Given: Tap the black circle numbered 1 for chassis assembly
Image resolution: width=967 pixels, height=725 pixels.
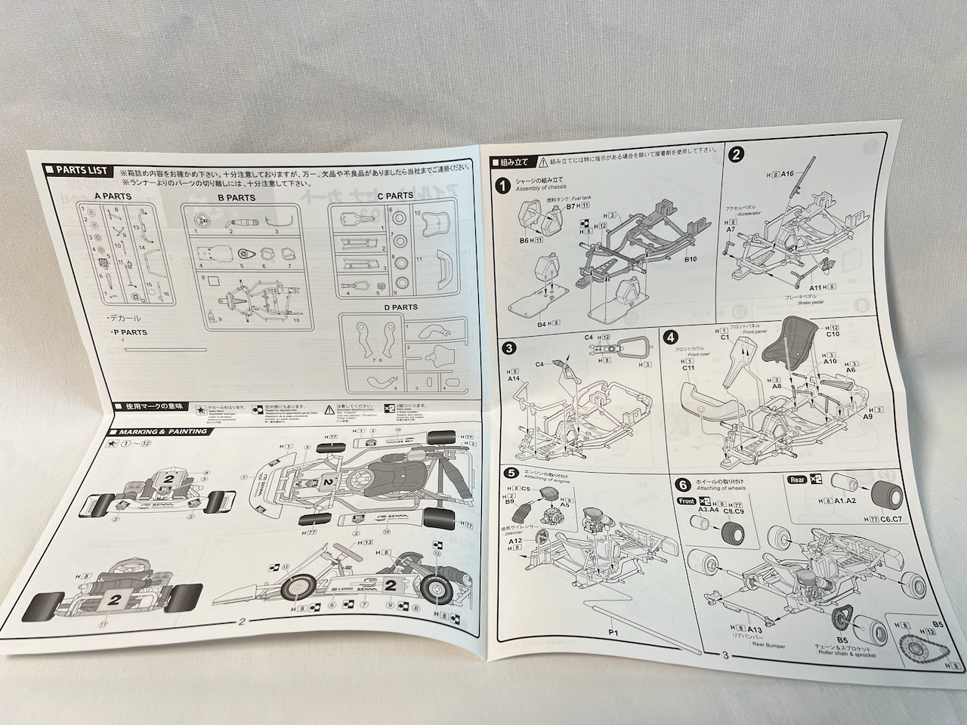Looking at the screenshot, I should (x=502, y=184).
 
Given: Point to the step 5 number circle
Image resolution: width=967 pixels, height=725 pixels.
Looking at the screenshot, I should (x=511, y=474).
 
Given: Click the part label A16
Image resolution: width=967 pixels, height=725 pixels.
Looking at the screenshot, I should (x=787, y=174).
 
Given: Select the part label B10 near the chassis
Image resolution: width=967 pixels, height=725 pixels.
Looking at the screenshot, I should (x=690, y=259).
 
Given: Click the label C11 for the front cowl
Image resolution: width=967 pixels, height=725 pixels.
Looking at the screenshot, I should (x=688, y=368).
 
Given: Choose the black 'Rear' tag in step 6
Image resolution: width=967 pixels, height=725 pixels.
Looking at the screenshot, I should (x=796, y=478).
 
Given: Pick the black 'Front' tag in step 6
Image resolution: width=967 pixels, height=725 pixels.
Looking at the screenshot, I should (x=687, y=500).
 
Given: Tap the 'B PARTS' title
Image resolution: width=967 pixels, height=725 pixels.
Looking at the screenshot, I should (x=236, y=198).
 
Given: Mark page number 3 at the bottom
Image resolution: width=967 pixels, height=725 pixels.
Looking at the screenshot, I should (x=723, y=655).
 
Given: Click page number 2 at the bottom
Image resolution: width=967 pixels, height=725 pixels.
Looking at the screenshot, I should (x=241, y=622).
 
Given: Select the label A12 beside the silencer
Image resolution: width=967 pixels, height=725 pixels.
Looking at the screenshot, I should (x=515, y=541).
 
